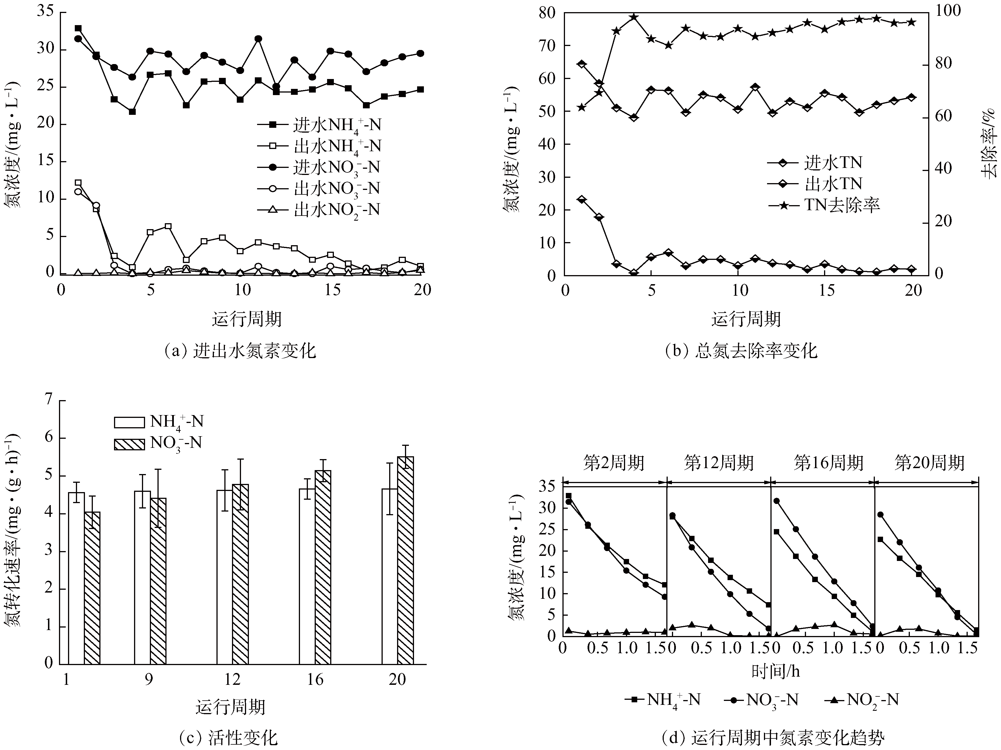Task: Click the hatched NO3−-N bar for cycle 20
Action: point(406,560)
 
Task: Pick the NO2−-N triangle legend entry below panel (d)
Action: point(860,700)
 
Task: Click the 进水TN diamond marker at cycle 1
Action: point(582,64)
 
